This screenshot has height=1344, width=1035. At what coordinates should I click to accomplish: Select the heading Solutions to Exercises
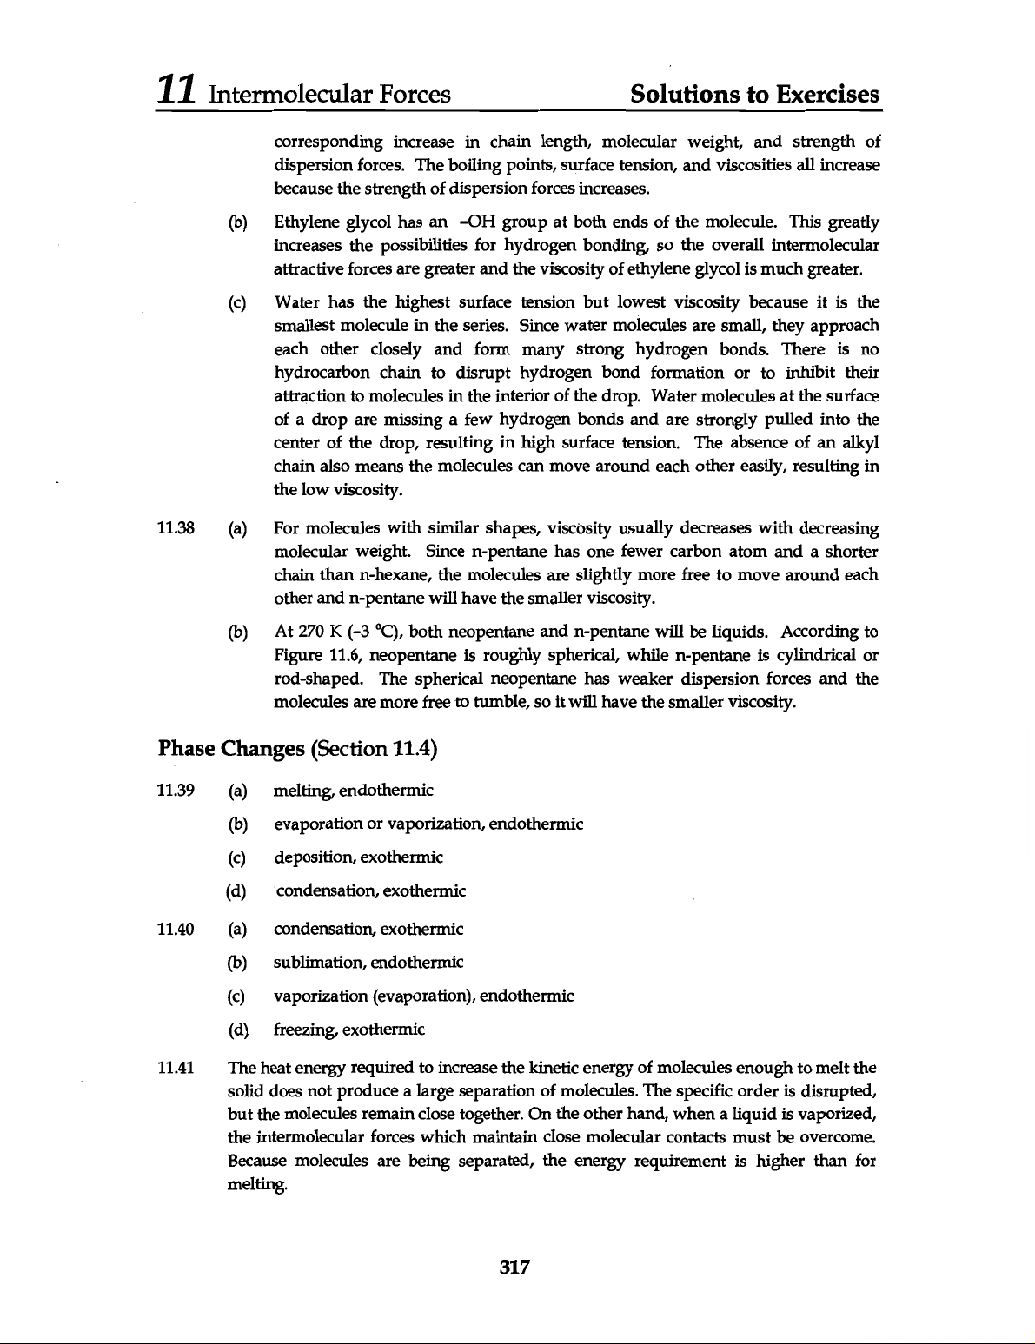755,93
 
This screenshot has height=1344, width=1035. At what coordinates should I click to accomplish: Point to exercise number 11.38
172,528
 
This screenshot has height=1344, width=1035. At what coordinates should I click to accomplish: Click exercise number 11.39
172,791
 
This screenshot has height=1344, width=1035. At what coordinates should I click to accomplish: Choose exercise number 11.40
172,930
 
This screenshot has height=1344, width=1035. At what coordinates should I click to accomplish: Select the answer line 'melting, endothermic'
353,791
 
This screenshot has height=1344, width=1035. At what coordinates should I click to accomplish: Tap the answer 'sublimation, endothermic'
368,963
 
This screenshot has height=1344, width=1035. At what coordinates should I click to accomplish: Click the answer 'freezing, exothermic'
348,1030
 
